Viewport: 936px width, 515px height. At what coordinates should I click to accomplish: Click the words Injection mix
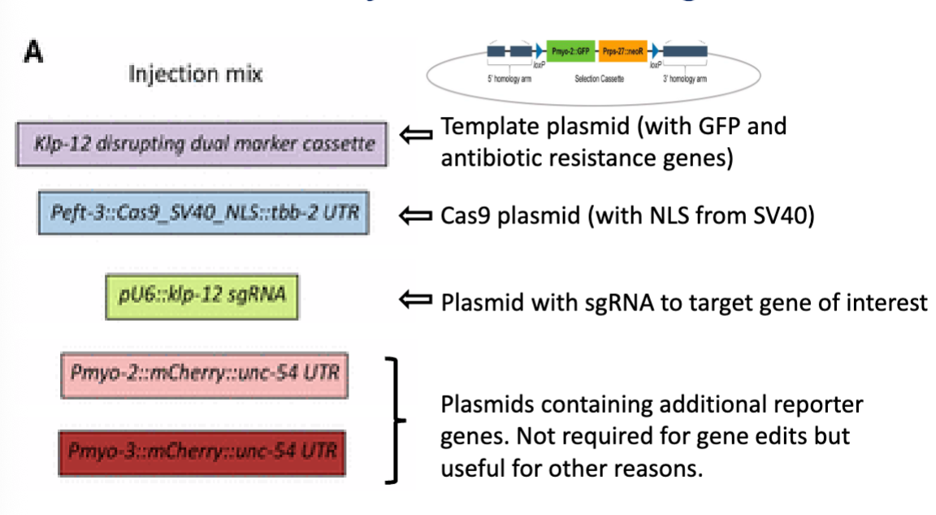click(x=195, y=75)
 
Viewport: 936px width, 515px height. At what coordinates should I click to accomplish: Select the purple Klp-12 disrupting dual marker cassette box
click(x=201, y=144)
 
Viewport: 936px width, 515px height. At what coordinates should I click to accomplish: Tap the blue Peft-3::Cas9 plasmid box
click(x=203, y=213)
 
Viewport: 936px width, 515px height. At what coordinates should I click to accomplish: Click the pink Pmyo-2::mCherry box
click(x=204, y=374)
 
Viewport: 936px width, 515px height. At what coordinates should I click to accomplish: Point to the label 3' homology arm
click(x=684, y=80)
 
